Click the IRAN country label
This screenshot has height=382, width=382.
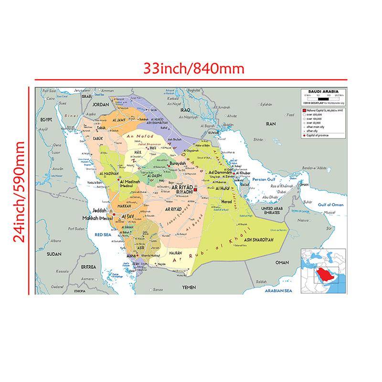click(x=271, y=123)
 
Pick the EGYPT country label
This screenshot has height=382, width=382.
click(x=46, y=119)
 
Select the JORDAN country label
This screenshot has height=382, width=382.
click(x=101, y=104)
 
